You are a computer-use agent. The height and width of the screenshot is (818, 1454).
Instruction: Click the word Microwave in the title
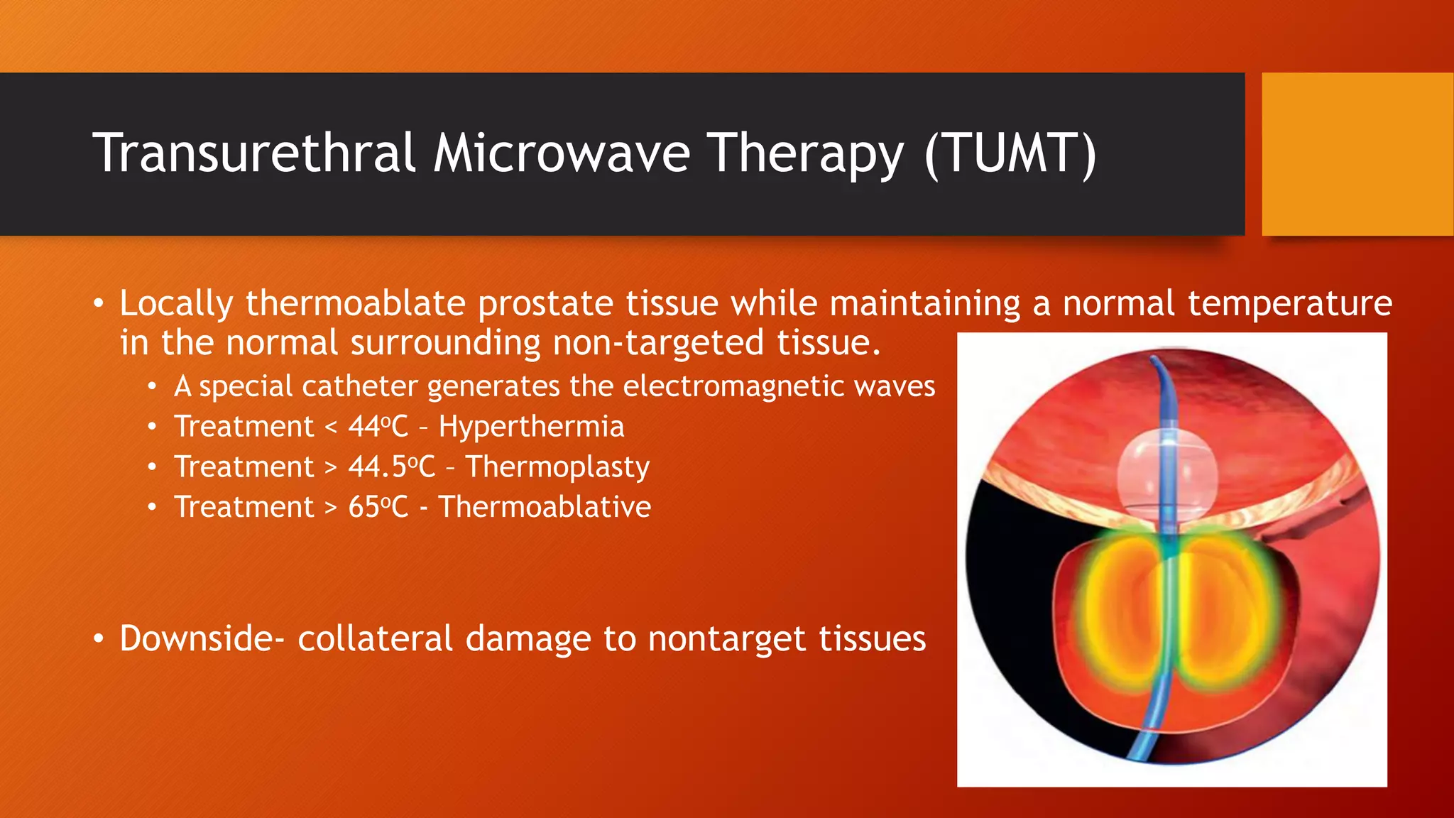[561, 153]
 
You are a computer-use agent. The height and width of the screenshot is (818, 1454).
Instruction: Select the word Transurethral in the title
[253, 153]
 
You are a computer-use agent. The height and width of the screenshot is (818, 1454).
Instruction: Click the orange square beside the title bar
[1357, 154]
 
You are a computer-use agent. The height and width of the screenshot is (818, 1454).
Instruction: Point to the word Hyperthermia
[531, 427]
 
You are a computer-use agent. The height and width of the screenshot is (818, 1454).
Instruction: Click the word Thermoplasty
[557, 467]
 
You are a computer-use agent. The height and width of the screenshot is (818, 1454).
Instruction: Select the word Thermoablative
[544, 507]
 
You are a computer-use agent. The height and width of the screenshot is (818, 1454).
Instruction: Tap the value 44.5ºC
[391, 467]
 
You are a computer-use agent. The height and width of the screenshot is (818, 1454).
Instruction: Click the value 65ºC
[378, 507]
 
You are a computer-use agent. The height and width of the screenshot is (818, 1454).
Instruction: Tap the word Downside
[197, 638]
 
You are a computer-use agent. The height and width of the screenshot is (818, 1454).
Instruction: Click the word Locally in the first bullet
[176, 304]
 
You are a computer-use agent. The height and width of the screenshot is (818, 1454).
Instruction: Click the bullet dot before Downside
[99, 639]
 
